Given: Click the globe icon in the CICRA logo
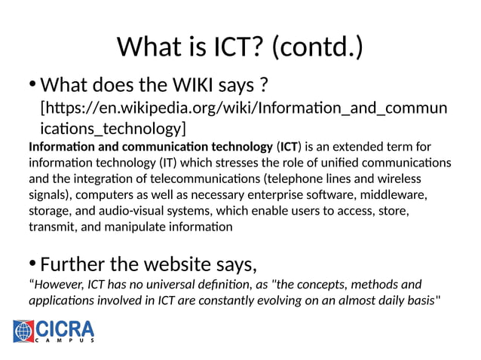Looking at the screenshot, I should (24, 331).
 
